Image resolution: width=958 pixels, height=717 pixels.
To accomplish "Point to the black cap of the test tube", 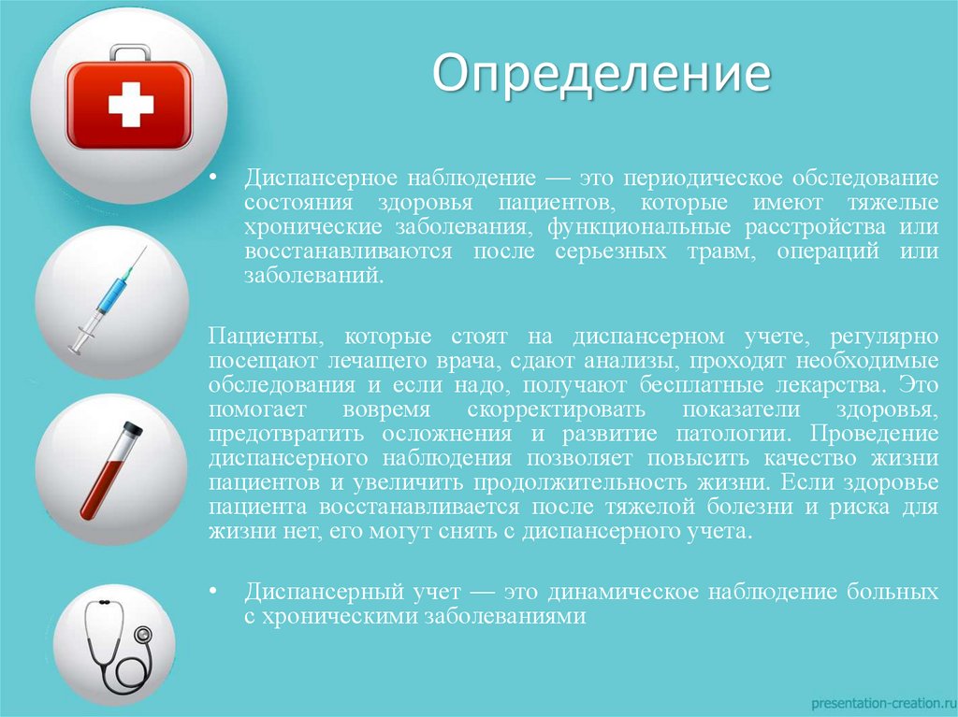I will coord(133,428).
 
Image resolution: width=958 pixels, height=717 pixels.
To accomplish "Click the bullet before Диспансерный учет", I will coord(213,592).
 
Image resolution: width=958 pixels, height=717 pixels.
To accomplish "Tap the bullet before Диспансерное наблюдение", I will coord(213,178).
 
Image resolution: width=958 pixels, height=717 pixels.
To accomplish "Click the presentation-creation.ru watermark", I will coord(878,700).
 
